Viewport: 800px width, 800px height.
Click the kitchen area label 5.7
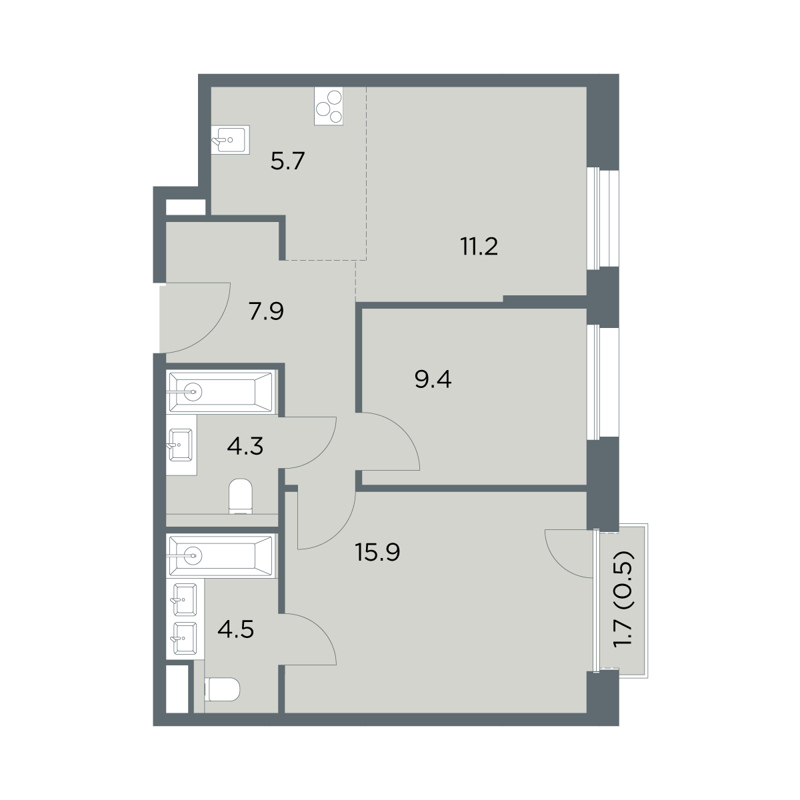[287, 161]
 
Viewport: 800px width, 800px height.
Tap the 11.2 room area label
[479, 247]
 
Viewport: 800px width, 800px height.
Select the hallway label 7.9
[266, 311]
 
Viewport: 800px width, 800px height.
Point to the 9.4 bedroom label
[433, 379]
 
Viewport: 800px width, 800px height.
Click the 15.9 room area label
[377, 552]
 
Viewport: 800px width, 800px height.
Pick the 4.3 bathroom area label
[245, 447]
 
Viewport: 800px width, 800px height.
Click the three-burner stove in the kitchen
[329, 106]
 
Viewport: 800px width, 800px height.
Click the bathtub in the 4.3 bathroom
[221, 392]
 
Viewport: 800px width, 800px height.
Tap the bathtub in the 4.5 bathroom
[221, 555]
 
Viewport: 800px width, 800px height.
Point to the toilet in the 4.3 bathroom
[241, 496]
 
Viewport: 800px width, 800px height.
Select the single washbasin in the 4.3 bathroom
[181, 445]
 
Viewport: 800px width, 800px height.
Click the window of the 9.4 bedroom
[603, 381]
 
